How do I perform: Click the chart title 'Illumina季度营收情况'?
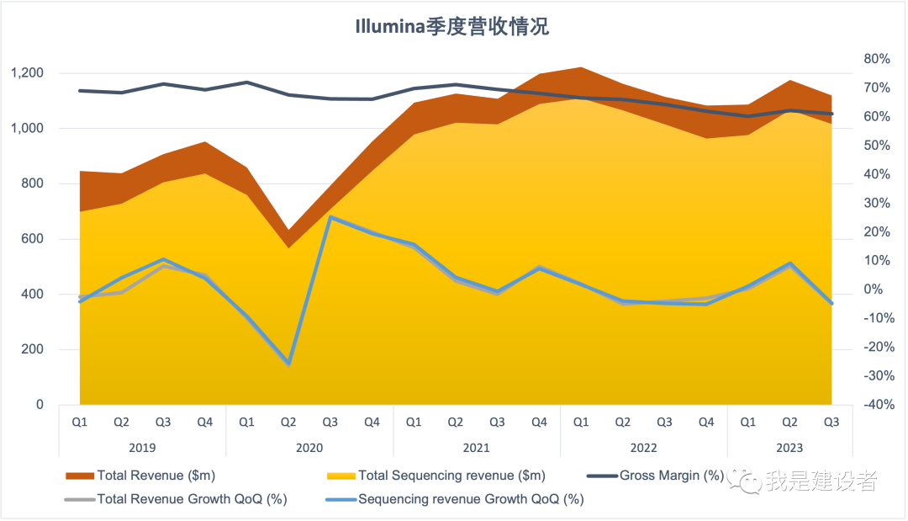(x=453, y=26)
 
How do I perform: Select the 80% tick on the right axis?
(x=876, y=59)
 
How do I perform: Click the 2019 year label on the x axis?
(x=141, y=448)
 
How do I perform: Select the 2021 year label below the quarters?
(x=476, y=448)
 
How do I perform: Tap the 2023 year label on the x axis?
(x=789, y=448)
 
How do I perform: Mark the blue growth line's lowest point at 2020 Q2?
(x=288, y=364)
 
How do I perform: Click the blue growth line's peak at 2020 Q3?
(x=330, y=217)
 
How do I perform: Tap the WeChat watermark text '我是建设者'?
(x=821, y=481)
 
